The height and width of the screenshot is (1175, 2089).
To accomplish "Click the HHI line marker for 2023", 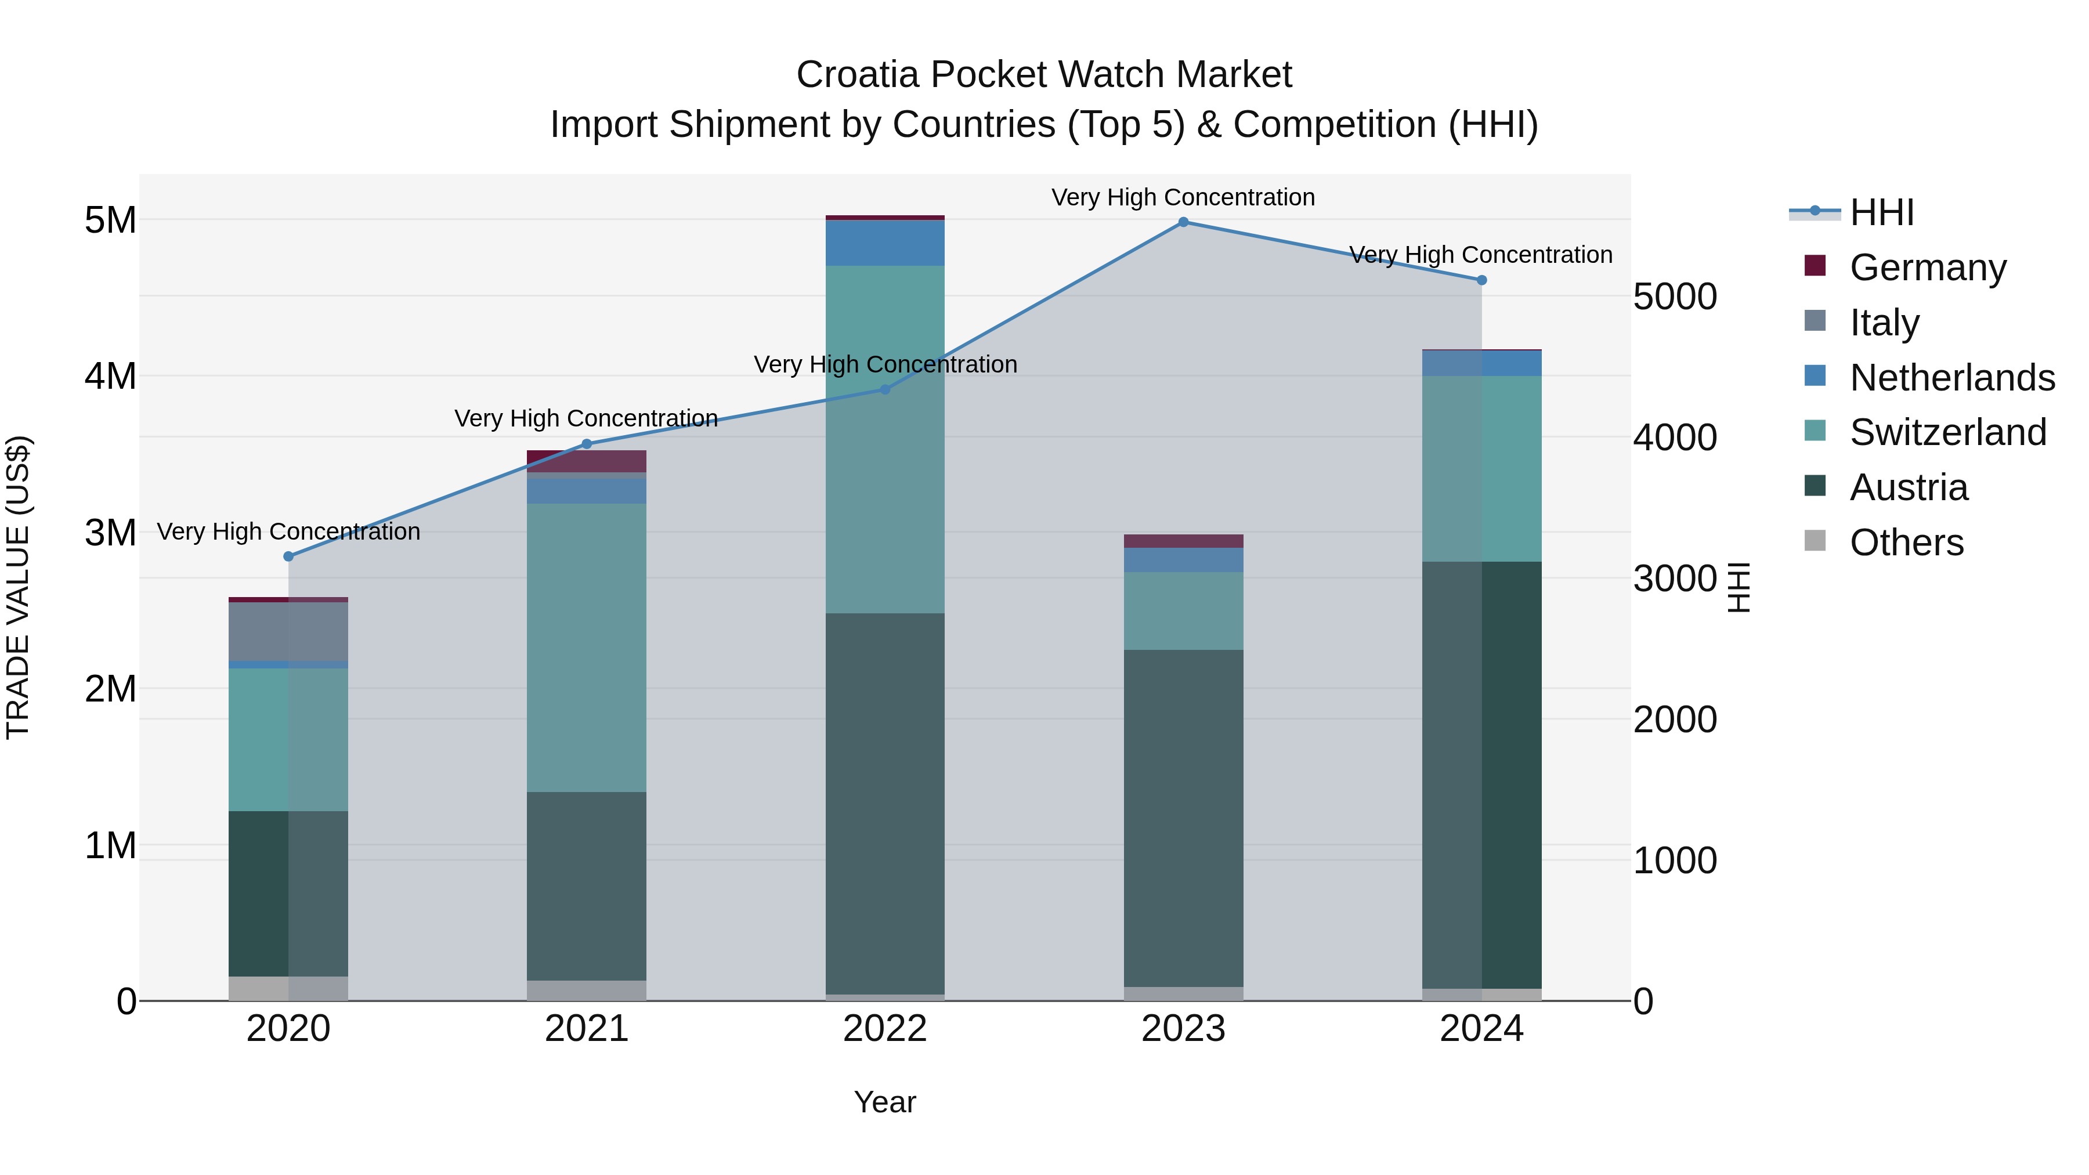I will pyautogui.click(x=1183, y=222).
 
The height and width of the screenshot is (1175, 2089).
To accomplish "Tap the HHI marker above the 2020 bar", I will pyautogui.click(x=289, y=556).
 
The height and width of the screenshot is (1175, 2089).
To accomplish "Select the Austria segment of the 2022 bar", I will pyautogui.click(x=885, y=803).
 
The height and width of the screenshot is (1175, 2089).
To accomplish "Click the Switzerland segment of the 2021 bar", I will pyautogui.click(x=586, y=647).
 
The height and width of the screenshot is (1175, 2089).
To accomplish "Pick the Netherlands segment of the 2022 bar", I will pyautogui.click(x=885, y=243).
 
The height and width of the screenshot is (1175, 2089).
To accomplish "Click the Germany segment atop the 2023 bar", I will pyautogui.click(x=1183, y=541).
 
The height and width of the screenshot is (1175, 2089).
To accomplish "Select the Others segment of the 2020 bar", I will pyautogui.click(x=289, y=989).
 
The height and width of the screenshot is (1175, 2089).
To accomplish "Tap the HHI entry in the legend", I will pyautogui.click(x=1881, y=212).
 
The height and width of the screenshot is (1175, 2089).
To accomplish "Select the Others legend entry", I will pyautogui.click(x=1906, y=543).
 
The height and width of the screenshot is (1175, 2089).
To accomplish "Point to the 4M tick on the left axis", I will pyautogui.click(x=110, y=376).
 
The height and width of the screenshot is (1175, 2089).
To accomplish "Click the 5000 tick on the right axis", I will pyautogui.click(x=1675, y=297).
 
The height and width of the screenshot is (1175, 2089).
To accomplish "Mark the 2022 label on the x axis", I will pyautogui.click(x=885, y=1029).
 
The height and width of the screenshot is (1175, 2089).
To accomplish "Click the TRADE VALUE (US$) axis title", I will pyautogui.click(x=18, y=587).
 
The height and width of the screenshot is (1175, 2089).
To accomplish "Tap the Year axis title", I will pyautogui.click(x=885, y=1102).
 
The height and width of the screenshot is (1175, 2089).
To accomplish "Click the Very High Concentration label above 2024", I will pyautogui.click(x=1481, y=255).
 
